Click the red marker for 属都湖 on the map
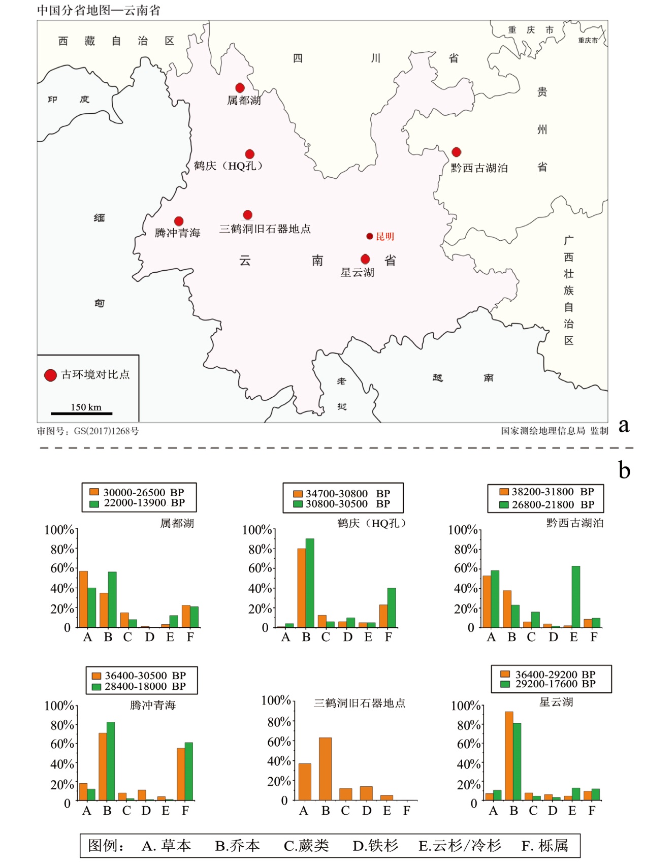click(240, 88)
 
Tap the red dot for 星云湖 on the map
click(365, 260)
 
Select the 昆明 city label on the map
click(384, 236)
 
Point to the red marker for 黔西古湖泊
click(456, 152)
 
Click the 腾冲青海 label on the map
click(177, 233)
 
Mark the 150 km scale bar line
click(81, 413)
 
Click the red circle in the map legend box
click(50, 375)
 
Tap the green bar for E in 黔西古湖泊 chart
click(575, 597)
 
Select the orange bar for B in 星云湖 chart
click(509, 756)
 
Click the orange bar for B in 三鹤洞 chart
click(325, 769)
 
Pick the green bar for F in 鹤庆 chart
click(392, 608)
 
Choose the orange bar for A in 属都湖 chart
click(83, 599)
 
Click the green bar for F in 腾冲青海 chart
click(188, 772)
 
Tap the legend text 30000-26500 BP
click(144, 492)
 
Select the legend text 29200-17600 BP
click(555, 684)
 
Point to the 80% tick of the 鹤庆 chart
click(261, 549)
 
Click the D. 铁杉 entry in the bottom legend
click(375, 845)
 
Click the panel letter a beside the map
click(624, 425)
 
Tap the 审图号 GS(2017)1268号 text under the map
click(88, 431)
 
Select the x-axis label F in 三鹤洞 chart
click(406, 811)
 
